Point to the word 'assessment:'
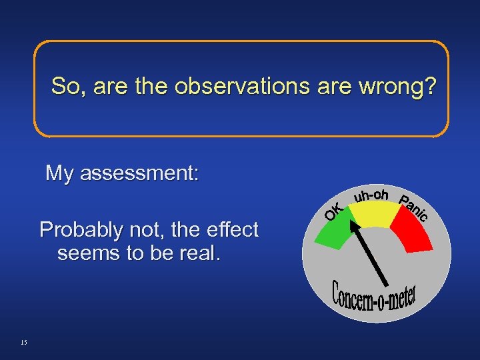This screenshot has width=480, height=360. (139, 174)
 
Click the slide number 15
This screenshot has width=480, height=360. (24, 343)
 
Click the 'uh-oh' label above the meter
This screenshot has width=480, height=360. (371, 195)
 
